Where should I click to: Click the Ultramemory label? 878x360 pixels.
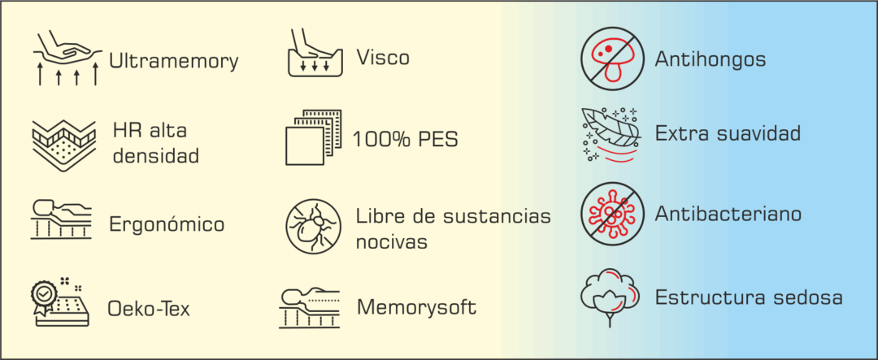point(173,61)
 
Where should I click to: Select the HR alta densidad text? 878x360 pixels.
point(155,143)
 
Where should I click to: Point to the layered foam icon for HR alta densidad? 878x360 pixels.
point(63,144)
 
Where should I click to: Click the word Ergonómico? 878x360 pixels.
point(167,224)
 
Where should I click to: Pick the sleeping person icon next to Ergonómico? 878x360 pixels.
point(63,218)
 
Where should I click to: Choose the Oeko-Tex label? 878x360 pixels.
point(149,309)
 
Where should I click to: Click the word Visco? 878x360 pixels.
point(383,58)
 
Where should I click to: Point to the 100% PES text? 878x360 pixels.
point(406,139)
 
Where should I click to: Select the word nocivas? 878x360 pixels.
point(392,241)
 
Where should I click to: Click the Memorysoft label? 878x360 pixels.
point(416,308)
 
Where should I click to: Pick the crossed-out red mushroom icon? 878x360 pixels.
point(606,58)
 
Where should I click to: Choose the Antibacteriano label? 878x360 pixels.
point(728,215)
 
